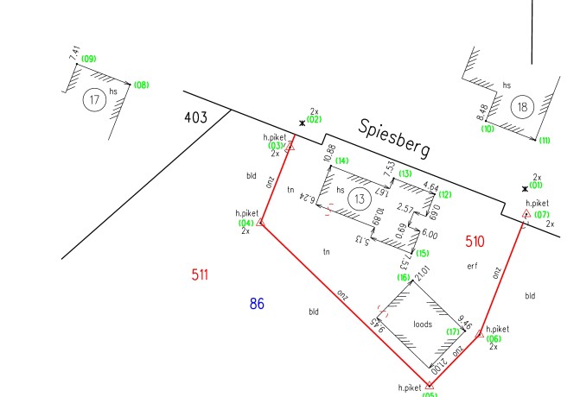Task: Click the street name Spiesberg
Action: coord(395,139)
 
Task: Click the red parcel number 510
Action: coord(475,241)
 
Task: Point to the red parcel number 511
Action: coord(201,275)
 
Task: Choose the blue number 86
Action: coord(256,303)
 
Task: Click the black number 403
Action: coord(195,118)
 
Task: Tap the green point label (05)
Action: coord(430,394)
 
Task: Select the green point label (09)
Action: coord(88,60)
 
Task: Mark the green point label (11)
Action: coord(544,141)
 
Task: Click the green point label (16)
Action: coord(403,277)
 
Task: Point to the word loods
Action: coord(423,325)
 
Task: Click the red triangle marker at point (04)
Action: coord(260,224)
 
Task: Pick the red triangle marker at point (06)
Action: coord(479,333)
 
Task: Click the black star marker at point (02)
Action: coord(302,123)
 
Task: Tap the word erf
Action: coord(472,266)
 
